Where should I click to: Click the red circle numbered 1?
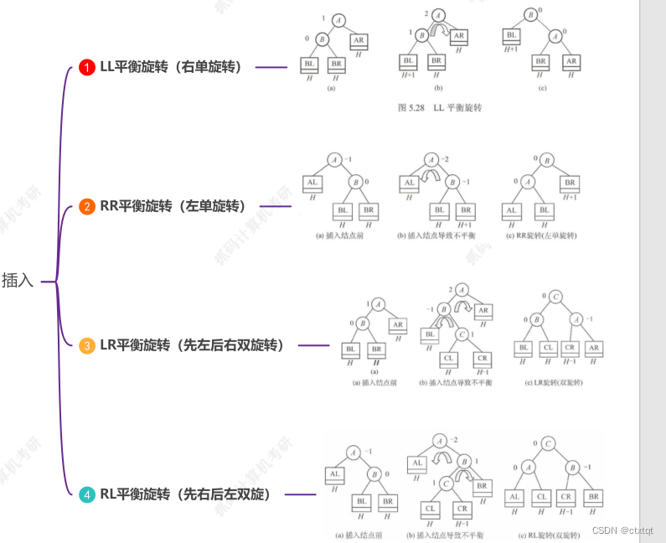86,67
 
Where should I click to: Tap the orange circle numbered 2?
86,206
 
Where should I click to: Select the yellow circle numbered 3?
86,345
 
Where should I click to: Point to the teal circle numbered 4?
86,494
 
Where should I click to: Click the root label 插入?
18,281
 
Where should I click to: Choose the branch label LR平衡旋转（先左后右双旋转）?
193,345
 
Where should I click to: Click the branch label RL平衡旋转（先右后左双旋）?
186,494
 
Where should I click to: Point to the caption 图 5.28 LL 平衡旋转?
440,107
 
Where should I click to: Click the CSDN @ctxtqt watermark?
622,530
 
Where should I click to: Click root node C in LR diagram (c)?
555,296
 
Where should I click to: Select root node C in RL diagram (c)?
547,443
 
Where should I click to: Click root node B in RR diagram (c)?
547,158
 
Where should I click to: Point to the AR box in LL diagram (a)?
359,39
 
